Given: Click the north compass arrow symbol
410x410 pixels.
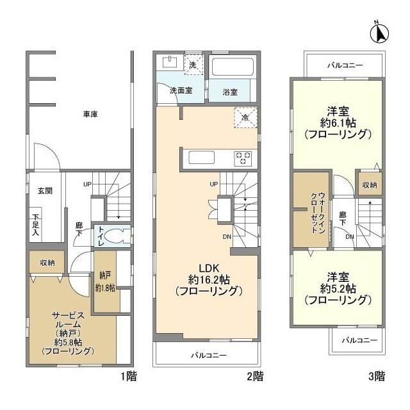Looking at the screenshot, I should pos(380,31).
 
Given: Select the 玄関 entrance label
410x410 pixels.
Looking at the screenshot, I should pos(44,190).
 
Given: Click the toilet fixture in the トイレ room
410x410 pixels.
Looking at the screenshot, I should pos(115,235).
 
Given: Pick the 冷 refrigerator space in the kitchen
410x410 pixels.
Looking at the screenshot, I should pos(244,117).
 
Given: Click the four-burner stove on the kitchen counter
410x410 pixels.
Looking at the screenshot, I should pos(243,158).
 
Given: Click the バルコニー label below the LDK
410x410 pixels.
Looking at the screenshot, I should pos(208,355).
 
